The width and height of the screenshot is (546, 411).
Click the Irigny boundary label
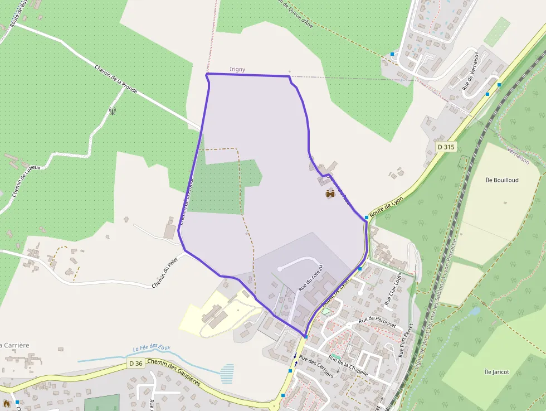click(x=237, y=69)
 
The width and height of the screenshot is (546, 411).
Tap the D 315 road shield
click(x=446, y=147)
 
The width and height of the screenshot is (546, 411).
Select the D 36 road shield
click(x=135, y=364)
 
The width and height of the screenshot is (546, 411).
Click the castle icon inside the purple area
click(x=330, y=194)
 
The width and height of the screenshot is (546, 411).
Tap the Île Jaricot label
click(x=497, y=372)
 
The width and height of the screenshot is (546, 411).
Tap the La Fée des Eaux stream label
click(x=152, y=349)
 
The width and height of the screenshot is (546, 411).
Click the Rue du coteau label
click(x=310, y=278)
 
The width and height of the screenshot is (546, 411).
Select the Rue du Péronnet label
click(x=377, y=322)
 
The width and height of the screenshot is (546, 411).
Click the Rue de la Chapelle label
click(x=348, y=365)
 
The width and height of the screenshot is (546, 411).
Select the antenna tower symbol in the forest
click(x=113, y=110)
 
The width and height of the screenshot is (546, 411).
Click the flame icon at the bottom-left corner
click(x=7, y=403)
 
